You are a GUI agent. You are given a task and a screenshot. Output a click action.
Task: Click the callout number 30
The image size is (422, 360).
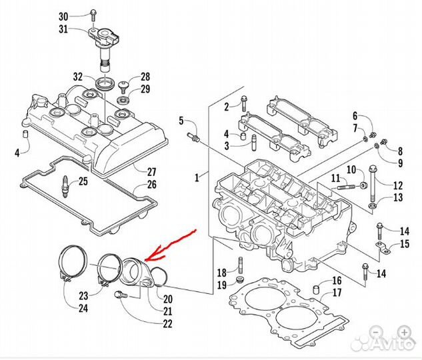pos(63,17)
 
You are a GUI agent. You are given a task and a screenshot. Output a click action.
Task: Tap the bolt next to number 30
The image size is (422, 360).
pos(93,15)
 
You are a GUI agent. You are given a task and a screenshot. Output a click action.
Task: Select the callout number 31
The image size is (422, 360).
pos(63,29)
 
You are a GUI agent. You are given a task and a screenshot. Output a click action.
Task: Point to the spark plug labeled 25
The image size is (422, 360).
pos(65,186)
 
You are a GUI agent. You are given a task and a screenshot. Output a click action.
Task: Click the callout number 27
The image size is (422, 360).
pos(152,171)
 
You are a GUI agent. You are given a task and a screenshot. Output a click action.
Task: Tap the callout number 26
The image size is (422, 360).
pos(152,184)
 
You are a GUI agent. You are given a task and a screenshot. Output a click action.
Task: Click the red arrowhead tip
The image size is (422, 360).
pos(145,260)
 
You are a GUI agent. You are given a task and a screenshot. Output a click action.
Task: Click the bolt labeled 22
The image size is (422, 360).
pos(121,295)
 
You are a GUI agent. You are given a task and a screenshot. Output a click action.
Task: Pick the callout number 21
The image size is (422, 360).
pos(167,311)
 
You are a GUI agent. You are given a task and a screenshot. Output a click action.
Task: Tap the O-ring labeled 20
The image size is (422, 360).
pos(159,277)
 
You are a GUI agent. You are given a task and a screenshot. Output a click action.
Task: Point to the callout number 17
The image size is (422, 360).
pos(337,293)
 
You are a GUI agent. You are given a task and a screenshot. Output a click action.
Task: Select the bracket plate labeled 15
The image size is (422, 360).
pos(383,247)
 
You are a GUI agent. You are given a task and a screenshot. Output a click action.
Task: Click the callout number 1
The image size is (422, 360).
pos(197,177)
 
